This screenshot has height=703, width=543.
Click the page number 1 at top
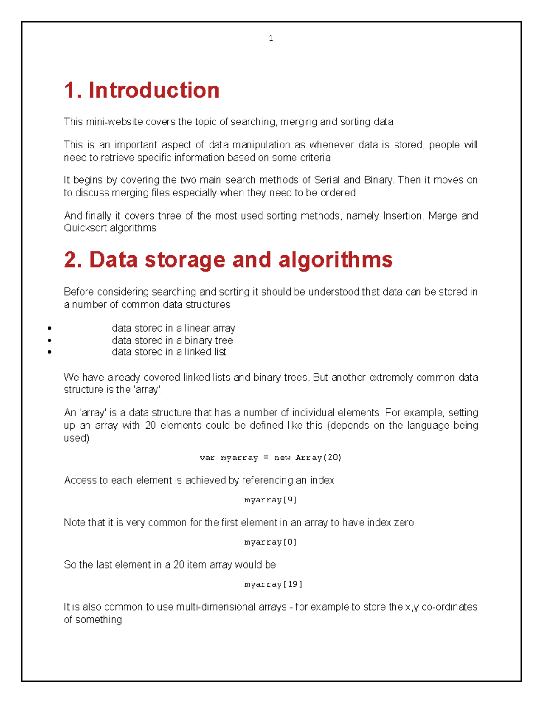(x=271, y=38)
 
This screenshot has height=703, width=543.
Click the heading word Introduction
(x=154, y=90)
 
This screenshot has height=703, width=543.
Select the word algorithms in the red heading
(x=335, y=260)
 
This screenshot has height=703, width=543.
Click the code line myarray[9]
(x=271, y=500)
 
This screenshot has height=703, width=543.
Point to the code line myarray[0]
(x=271, y=542)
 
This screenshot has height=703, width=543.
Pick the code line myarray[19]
(x=273, y=584)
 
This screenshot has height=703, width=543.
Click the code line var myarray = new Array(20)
(x=271, y=458)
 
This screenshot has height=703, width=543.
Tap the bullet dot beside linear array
(x=49, y=328)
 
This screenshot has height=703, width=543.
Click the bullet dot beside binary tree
(x=49, y=340)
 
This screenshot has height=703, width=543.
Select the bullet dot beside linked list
(x=49, y=352)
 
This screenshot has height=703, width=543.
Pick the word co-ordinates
(x=449, y=607)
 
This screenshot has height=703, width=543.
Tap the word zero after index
(x=404, y=523)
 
